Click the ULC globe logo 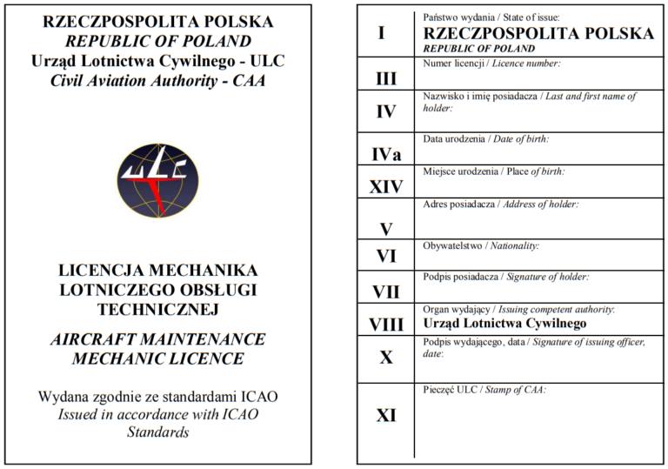[x=157, y=180]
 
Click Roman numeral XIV [x=386, y=187]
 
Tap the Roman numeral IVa [x=386, y=155]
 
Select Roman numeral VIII [x=386, y=325]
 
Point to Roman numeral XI [x=386, y=416]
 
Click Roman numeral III [x=386, y=79]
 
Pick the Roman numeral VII [x=386, y=291]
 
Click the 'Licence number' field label [x=491, y=64]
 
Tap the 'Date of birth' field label [x=485, y=139]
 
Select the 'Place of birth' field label [x=493, y=171]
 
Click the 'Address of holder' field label [x=500, y=204]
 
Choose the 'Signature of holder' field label [x=505, y=277]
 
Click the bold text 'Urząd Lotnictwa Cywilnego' [x=504, y=323]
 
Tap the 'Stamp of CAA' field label [x=484, y=390]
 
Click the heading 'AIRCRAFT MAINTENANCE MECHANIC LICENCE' [x=157, y=348]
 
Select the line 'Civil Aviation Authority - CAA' [x=157, y=81]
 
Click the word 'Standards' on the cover [x=157, y=432]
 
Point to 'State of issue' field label [x=491, y=17]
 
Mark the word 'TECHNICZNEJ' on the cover [x=157, y=309]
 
